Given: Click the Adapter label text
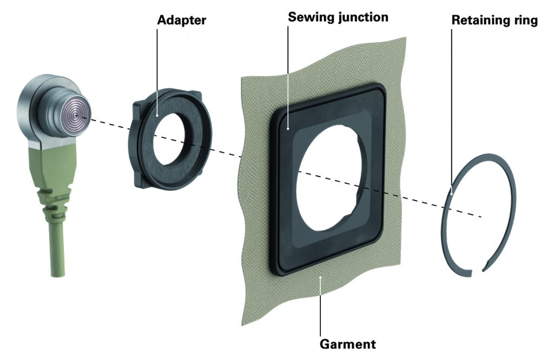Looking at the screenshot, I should click(182, 21).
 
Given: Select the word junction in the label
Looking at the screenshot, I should click(362, 17).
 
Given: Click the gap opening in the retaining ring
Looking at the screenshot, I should click(478, 270).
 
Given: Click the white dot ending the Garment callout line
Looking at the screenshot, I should click(321, 278).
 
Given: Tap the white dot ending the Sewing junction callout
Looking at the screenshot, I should click(289, 128).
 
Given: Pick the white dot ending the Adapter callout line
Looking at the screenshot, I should click(158, 115).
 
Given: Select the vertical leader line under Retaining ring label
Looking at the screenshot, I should click(452, 108).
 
